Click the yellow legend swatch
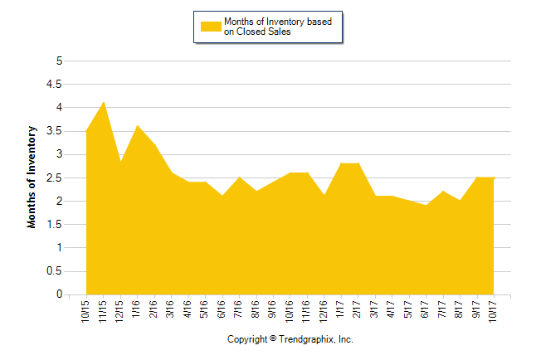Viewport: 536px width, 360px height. click(x=211, y=27)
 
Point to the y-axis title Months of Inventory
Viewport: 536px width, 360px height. click(x=32, y=177)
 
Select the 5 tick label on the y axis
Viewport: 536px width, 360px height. click(x=58, y=61)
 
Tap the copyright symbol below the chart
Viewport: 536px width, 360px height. click(x=273, y=338)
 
